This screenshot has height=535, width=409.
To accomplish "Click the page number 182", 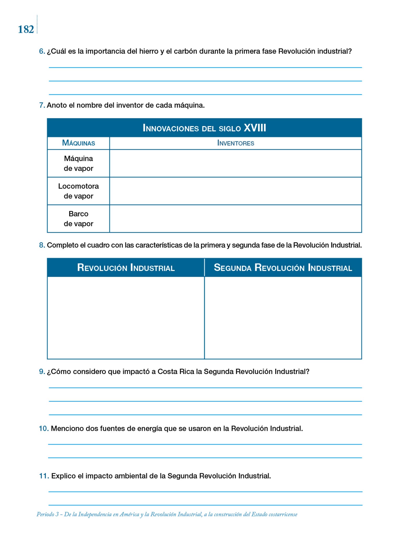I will coord(26,29).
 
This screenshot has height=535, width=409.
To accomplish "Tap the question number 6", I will coord(42,51).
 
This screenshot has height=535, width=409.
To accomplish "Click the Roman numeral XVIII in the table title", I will coord(255,128).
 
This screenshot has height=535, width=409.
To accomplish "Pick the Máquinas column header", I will coord(78,143).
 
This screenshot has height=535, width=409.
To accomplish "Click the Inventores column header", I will coord(236,143).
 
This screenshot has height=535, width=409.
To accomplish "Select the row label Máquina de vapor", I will coord(78,163).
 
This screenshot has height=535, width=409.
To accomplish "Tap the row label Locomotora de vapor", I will coord(78,191).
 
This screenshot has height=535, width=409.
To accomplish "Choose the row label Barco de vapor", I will coord(78,219).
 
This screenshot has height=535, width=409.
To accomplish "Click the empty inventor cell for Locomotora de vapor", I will coord(236,191).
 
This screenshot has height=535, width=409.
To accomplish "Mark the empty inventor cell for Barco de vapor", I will coord(236,219).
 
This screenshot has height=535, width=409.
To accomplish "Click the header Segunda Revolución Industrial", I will coord(283,267).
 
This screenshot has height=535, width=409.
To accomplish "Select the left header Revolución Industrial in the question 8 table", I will coord(126,267).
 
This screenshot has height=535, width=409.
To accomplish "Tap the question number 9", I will coord(42,371).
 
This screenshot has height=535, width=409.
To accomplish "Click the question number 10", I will coord(44,428).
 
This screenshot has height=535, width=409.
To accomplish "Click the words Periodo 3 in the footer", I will coord(48,514).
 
